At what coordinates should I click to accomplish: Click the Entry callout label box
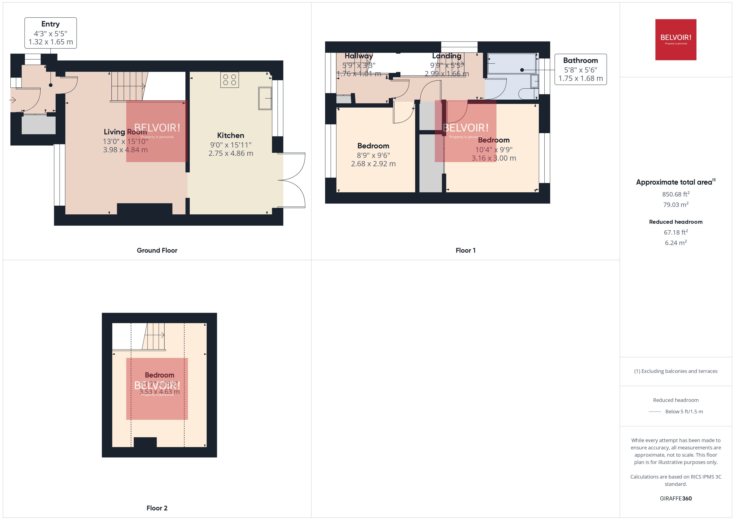pos(51,33)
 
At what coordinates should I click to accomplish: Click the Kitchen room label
pos(230,135)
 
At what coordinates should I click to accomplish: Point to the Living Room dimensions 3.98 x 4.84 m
pos(125,150)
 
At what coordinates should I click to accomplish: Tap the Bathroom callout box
pos(580,69)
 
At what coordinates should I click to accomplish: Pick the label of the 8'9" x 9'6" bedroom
pos(373,146)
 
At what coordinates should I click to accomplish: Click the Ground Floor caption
pos(157,250)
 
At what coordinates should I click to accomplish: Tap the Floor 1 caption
pos(465,250)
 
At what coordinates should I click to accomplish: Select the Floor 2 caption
pos(157,508)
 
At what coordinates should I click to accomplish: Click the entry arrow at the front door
pos(13,100)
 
